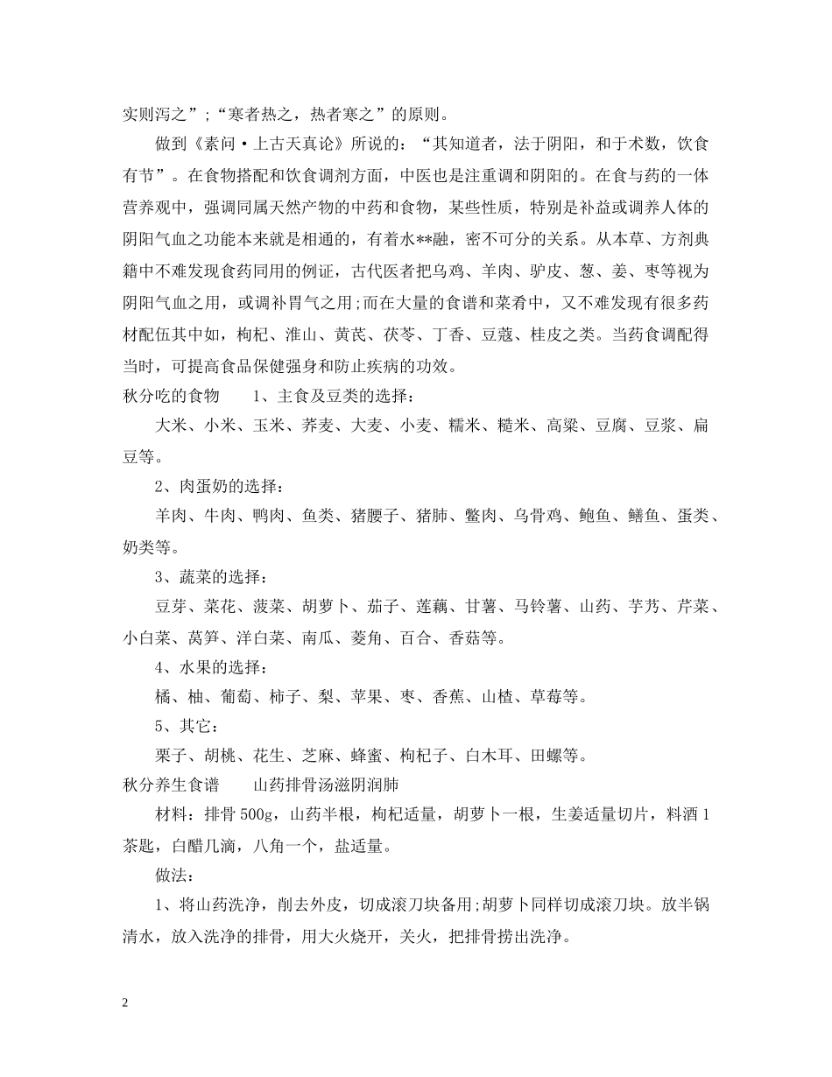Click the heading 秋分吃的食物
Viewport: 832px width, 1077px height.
tap(171, 397)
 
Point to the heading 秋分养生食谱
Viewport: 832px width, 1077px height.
tap(171, 785)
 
